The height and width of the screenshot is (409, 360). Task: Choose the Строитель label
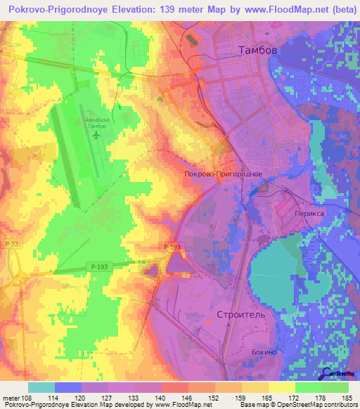click(241, 315)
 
